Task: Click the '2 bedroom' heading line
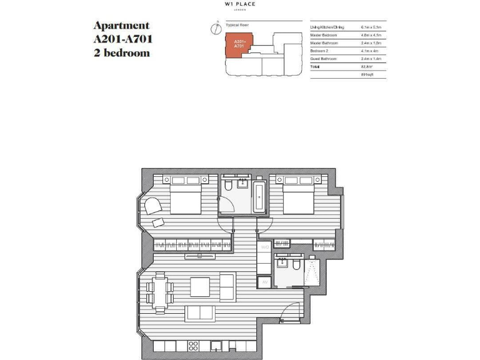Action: (121, 53)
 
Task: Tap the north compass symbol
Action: (214, 27)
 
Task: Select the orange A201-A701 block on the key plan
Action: (238, 46)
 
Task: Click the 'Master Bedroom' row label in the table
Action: (324, 35)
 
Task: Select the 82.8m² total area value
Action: (367, 66)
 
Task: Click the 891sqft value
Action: (367, 75)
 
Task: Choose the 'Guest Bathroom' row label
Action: (324, 58)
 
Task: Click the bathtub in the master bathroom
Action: (259, 196)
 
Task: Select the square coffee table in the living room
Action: (201, 286)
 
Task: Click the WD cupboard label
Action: (264, 247)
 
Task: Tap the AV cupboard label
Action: (264, 282)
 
